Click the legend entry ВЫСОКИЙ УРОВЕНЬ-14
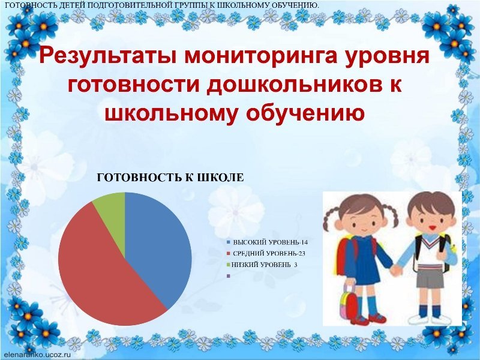click(267, 242)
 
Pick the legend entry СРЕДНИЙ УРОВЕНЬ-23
click(266, 253)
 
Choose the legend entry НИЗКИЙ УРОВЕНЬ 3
click(262, 265)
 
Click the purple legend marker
click(229, 276)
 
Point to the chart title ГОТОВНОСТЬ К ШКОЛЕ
click(170, 178)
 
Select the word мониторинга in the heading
click(261, 56)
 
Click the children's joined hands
click(396, 269)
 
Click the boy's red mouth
click(432, 227)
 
